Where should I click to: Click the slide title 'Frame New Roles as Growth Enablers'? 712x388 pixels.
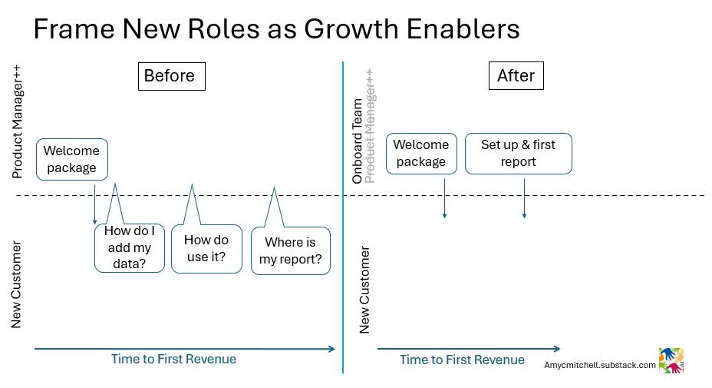click(276, 29)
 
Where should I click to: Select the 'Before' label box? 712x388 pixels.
click(170, 76)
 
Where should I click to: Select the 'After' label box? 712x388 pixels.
click(516, 76)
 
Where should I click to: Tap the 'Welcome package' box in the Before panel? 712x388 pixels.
click(72, 159)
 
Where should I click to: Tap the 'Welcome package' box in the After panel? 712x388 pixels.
click(421, 153)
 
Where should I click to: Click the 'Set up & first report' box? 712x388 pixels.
click(518, 153)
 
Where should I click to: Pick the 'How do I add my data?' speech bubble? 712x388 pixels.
click(129, 248)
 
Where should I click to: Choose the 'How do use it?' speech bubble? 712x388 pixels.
click(206, 248)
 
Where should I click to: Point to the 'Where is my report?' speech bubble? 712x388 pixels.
click(290, 250)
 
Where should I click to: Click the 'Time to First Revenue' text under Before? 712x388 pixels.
click(173, 359)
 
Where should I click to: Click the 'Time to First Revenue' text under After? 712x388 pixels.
click(462, 360)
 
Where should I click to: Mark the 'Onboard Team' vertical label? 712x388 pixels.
click(358, 141)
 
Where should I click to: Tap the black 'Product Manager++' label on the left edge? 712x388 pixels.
click(18, 121)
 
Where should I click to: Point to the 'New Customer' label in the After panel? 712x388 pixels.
click(364, 290)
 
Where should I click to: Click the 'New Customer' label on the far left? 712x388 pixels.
click(16, 284)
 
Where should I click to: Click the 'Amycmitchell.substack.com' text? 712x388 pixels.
click(600, 366)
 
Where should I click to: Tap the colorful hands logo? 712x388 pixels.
click(671, 360)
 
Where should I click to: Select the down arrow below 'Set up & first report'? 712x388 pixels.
click(524, 199)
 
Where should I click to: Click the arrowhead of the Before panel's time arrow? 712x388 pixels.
click(332, 349)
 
